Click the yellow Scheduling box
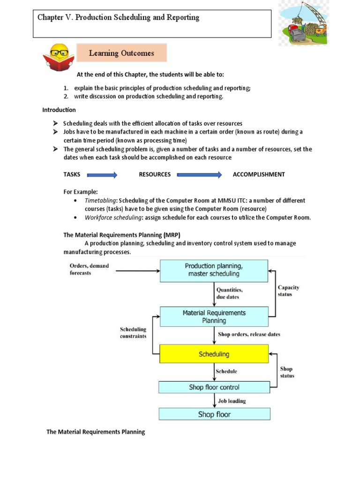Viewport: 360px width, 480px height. click(x=214, y=354)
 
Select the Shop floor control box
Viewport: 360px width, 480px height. click(x=214, y=387)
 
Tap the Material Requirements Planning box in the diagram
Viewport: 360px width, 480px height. click(x=214, y=316)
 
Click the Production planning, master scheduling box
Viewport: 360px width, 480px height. click(x=214, y=270)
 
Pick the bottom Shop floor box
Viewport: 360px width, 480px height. click(x=214, y=414)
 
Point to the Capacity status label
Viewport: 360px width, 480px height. click(x=288, y=291)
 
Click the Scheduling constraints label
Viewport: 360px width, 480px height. click(x=133, y=333)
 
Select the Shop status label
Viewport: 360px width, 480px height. click(x=287, y=372)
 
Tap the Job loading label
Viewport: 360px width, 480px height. click(x=232, y=401)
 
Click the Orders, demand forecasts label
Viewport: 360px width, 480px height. click(x=90, y=269)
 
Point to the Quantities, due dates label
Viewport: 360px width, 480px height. click(x=230, y=293)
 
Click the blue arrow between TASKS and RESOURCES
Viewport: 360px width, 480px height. click(x=102, y=175)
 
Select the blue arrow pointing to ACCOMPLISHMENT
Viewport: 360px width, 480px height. click(x=200, y=175)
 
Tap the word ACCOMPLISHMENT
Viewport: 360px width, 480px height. click(x=259, y=174)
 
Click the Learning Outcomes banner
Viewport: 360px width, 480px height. click(x=121, y=53)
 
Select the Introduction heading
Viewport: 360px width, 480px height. click(x=59, y=110)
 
